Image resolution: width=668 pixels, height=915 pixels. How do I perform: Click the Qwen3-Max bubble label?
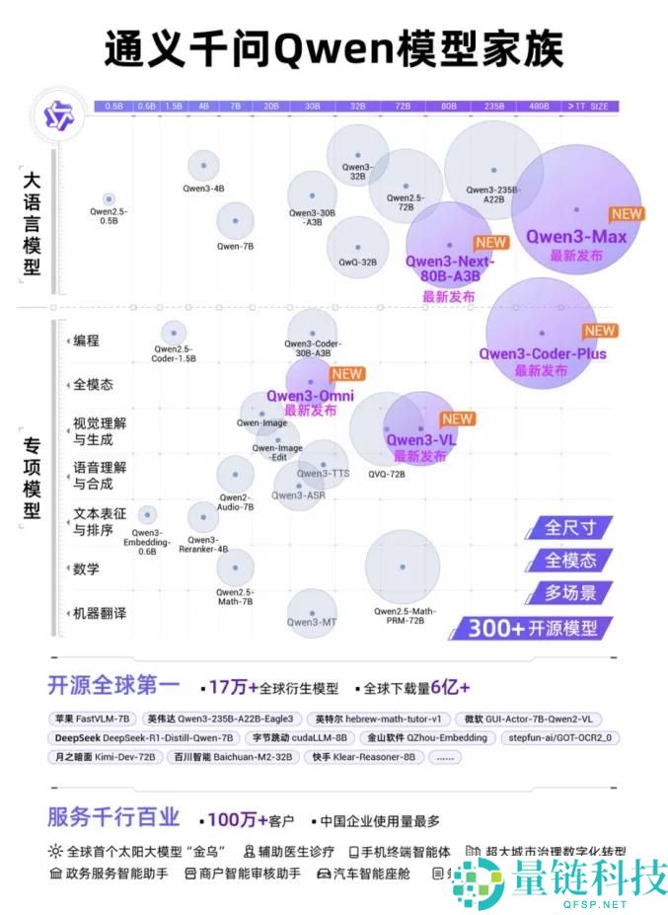click(575, 237)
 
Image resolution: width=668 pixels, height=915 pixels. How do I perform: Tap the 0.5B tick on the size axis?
click(113, 106)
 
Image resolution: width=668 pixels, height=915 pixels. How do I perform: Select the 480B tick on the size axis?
click(539, 106)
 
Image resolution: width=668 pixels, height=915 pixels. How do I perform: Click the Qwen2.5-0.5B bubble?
click(109, 199)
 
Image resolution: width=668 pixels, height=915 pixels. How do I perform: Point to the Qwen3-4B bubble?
click(203, 166)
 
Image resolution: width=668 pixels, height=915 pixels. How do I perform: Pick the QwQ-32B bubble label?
click(357, 263)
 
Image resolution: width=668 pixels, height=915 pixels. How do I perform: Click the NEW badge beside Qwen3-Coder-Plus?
click(599, 332)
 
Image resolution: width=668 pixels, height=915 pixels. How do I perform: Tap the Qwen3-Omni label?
click(310, 397)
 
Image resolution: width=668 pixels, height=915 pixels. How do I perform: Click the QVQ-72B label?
click(387, 474)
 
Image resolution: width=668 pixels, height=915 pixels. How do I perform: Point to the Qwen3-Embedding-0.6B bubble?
click(147, 514)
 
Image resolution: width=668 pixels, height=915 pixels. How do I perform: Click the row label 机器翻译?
click(100, 613)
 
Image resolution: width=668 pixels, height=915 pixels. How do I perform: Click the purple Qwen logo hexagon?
click(55, 116)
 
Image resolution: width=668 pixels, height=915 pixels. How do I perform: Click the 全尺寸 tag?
click(571, 528)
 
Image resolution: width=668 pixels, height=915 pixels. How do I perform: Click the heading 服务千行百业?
click(113, 817)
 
